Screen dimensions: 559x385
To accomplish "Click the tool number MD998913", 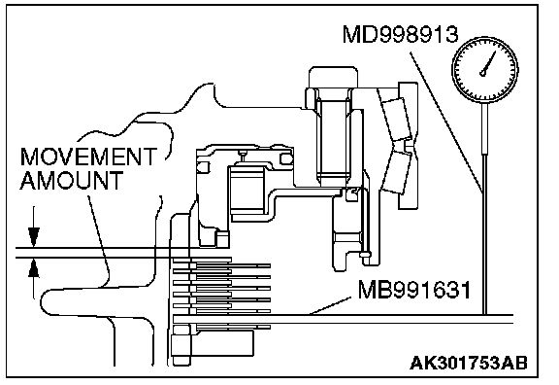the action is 401,34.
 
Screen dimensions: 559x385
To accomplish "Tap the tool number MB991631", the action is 414,290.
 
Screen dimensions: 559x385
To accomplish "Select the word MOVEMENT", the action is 88,157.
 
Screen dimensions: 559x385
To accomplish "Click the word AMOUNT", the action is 72,180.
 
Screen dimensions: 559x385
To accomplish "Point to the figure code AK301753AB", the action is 469,364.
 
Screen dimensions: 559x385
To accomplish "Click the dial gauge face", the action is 485,69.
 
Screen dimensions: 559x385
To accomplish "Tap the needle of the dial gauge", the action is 488,63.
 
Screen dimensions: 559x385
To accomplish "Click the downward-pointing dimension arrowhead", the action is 34,237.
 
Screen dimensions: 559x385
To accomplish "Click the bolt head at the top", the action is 333,78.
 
